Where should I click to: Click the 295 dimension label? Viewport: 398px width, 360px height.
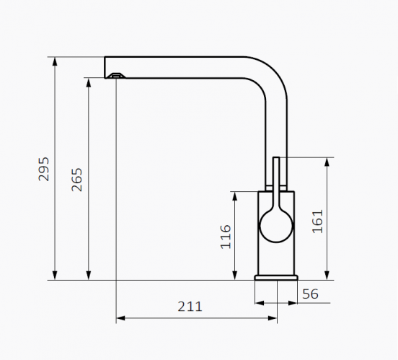(43, 169)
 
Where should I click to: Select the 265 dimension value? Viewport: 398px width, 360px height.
(77, 180)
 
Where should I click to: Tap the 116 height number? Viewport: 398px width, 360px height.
(226, 237)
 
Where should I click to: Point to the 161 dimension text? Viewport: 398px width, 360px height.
(317, 221)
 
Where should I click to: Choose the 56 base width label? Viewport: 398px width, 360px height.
(310, 294)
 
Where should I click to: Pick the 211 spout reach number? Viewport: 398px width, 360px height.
(190, 307)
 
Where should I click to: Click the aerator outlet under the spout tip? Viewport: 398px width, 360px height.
(116, 76)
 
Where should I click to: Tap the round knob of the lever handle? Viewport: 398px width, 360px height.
(276, 226)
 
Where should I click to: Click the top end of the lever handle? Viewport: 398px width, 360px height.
(276, 158)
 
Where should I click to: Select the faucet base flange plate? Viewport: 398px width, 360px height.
(276, 278)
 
